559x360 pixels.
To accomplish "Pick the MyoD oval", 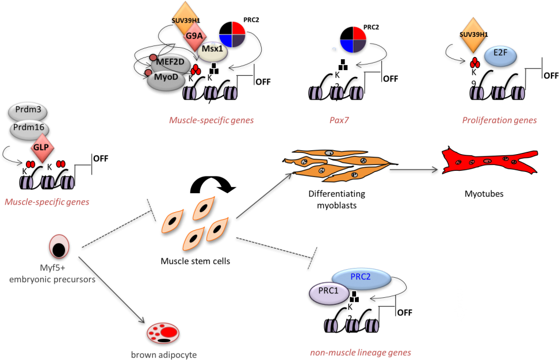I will point(166,79).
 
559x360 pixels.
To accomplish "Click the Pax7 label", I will point(334,121).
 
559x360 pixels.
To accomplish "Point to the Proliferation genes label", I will point(499,121).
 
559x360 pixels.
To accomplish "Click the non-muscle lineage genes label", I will point(361,353).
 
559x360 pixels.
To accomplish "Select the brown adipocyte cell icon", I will point(163,332).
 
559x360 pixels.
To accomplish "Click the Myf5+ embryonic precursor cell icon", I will point(59,246).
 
